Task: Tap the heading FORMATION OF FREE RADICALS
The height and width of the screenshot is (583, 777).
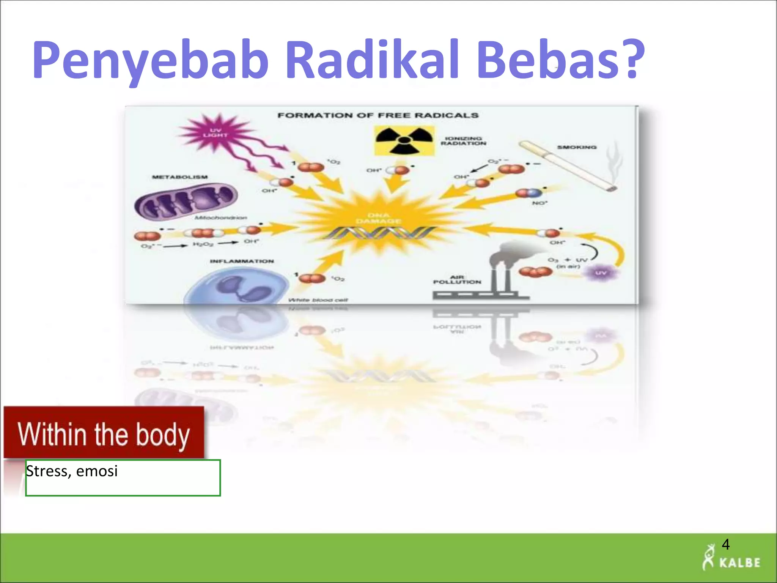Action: pos(378,115)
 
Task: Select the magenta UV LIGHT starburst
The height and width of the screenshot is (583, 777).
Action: pos(215,132)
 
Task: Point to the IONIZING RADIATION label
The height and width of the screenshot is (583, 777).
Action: pos(463,141)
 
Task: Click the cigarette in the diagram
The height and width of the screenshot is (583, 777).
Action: pos(567,166)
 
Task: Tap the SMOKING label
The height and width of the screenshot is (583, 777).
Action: pos(577,147)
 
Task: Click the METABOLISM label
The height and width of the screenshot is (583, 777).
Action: pos(180,177)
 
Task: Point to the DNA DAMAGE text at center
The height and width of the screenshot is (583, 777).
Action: pos(378,218)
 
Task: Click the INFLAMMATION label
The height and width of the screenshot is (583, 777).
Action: pos(242,261)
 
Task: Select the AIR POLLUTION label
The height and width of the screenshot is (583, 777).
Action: pos(457,280)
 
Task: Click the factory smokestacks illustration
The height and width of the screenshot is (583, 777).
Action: pos(493,273)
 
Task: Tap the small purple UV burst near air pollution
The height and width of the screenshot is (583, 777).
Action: pos(601,273)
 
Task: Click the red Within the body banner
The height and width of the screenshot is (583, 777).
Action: pos(104,433)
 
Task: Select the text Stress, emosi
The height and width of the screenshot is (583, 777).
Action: pos(72,471)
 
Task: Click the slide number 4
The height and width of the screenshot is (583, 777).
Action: pos(725,544)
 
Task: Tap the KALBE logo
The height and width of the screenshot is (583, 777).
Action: pos(731,562)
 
